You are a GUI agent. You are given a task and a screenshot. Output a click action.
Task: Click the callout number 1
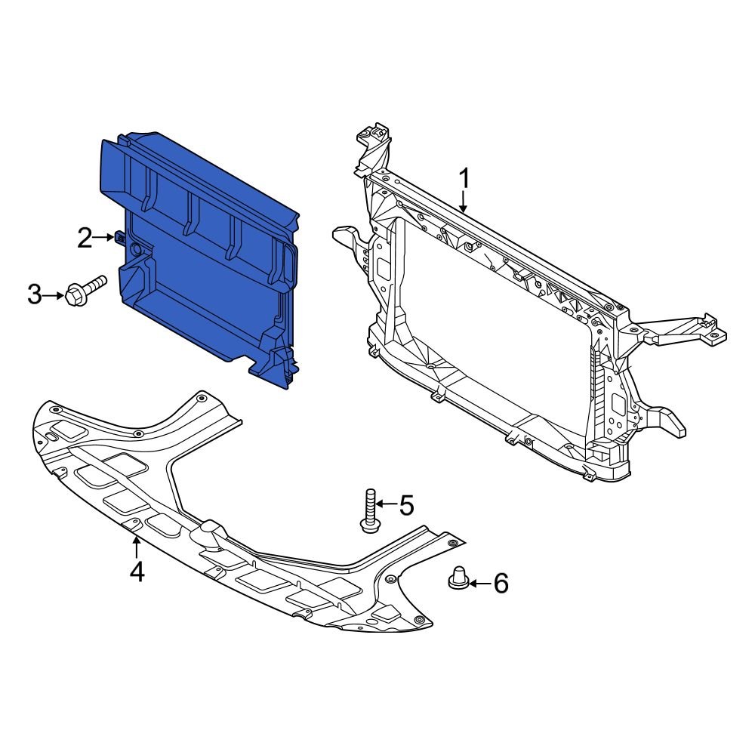point(464,179)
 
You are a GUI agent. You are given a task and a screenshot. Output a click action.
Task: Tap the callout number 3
point(35,295)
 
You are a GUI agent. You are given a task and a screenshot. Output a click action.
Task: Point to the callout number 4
point(136,572)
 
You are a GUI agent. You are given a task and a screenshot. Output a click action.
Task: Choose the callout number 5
point(406,504)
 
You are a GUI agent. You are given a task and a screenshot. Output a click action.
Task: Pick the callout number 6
point(501,583)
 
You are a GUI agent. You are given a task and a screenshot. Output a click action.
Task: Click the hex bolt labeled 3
point(85,291)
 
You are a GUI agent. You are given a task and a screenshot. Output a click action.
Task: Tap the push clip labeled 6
point(458,578)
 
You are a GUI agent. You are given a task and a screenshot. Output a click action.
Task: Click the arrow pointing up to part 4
point(136,547)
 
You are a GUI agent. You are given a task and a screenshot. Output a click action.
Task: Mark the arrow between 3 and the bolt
point(55,295)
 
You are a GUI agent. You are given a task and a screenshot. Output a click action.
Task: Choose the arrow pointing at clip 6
point(479,583)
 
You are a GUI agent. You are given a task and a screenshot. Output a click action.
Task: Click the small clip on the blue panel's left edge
point(119,239)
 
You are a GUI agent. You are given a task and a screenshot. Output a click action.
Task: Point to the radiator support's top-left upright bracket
point(374,147)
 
